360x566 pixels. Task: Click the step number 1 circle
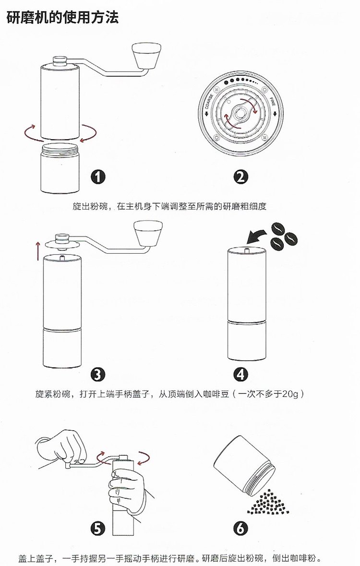(x=98, y=177)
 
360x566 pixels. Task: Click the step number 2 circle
(x=240, y=177)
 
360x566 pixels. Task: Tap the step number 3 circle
(x=98, y=374)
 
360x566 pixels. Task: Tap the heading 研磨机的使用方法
(x=62, y=18)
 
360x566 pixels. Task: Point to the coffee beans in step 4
(x=283, y=237)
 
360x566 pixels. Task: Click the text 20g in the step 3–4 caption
(x=290, y=394)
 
